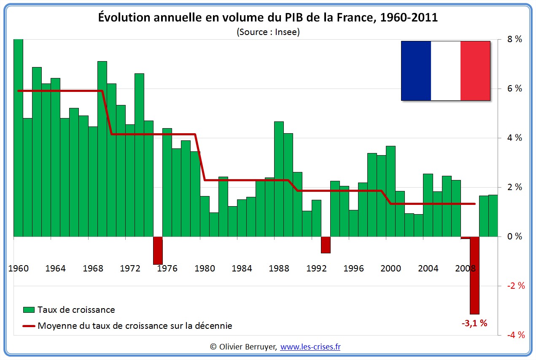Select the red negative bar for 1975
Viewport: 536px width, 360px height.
coord(158,250)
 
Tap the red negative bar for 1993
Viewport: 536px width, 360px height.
coord(325,244)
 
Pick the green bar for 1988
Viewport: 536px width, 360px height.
coord(279,179)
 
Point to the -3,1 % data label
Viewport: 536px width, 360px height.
coord(474,324)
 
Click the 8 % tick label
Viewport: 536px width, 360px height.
coord(515,39)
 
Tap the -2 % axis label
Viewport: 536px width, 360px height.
coord(515,286)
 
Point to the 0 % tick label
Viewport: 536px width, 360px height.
coord(515,236)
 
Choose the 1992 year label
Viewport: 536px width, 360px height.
coord(316,269)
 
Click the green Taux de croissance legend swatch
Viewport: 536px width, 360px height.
coord(29,310)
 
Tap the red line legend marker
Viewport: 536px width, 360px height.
coord(29,326)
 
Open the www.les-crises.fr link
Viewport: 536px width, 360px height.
coord(310,347)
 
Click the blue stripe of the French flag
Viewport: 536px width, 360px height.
coord(416,71)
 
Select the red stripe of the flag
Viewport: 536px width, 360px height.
coord(475,71)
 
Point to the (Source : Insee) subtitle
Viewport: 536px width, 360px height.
coord(268,32)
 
